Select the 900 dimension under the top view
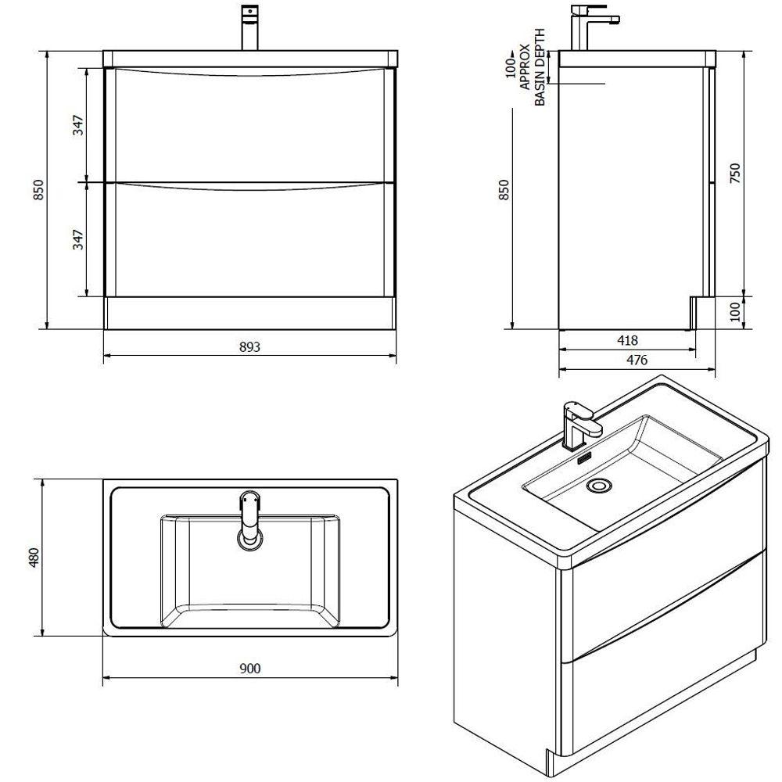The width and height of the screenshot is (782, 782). point(249,668)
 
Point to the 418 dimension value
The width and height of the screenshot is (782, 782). point(627,340)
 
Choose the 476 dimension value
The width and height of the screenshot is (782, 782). point(637,360)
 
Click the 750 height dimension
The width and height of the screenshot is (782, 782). point(734,173)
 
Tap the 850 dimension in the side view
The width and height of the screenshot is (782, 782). point(504,190)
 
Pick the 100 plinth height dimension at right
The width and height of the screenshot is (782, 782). point(734,313)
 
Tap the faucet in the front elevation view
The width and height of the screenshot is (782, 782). point(251,27)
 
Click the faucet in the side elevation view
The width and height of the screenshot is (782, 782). point(586,27)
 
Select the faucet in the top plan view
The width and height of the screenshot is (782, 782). point(249,518)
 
